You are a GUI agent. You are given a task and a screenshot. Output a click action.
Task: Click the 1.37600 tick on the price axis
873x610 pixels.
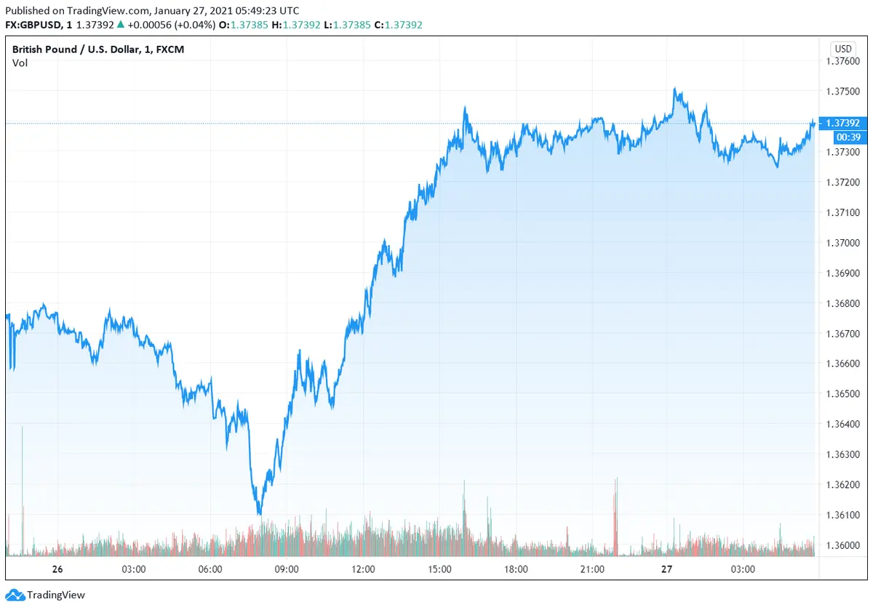pyautogui.click(x=843, y=61)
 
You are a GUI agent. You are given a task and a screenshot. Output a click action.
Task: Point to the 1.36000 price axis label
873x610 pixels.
pyautogui.click(x=843, y=545)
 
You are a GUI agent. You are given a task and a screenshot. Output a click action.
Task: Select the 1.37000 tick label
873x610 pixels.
pyautogui.click(x=843, y=243)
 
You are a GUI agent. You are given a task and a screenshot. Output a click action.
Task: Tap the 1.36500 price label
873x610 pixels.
pyautogui.click(x=843, y=394)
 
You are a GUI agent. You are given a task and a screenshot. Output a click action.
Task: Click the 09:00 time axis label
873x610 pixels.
pyautogui.click(x=287, y=569)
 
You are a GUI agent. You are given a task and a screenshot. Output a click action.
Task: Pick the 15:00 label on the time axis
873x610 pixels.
pyautogui.click(x=440, y=569)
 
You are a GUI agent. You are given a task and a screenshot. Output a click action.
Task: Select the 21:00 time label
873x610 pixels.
pyautogui.click(x=593, y=569)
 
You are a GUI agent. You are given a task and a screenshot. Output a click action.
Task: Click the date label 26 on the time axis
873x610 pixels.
pyautogui.click(x=57, y=569)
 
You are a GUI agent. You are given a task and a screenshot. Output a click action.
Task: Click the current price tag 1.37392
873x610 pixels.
pyautogui.click(x=843, y=123)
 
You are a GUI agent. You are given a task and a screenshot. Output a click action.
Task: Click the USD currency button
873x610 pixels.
pyautogui.click(x=843, y=49)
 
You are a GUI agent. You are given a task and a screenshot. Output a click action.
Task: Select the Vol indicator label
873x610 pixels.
pyautogui.click(x=20, y=63)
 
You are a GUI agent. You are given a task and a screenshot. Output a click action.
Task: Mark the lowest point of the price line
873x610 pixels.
pyautogui.click(x=259, y=514)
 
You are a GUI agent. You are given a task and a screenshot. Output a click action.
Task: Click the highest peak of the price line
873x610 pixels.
pyautogui.click(x=675, y=89)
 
